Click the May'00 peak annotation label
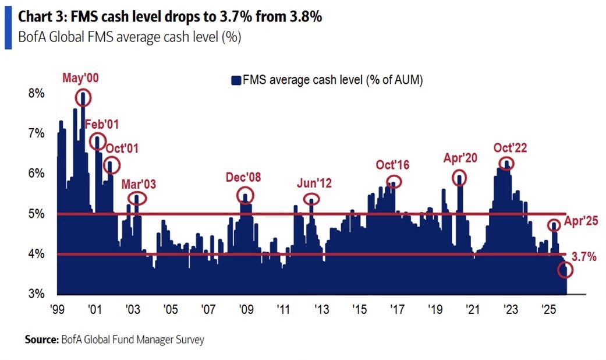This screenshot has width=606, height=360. pos(80,79)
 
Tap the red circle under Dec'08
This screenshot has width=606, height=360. pos(246,196)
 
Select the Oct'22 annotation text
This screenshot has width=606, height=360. pos(510,148)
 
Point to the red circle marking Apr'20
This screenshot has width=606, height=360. pos(460,178)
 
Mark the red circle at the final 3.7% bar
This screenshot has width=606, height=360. pos(565,270)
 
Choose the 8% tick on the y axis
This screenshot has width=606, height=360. pos(37,93)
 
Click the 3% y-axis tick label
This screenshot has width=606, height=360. pos(37,294)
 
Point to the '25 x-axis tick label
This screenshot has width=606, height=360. pos(548,309)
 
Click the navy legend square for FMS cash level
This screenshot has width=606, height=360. pos(236,81)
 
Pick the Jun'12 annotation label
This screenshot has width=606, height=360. pos(314,184)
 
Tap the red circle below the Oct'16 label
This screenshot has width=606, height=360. pos(394,182)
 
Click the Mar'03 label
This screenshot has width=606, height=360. pos(139,185)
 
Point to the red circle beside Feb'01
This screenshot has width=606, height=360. pos(97,140)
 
